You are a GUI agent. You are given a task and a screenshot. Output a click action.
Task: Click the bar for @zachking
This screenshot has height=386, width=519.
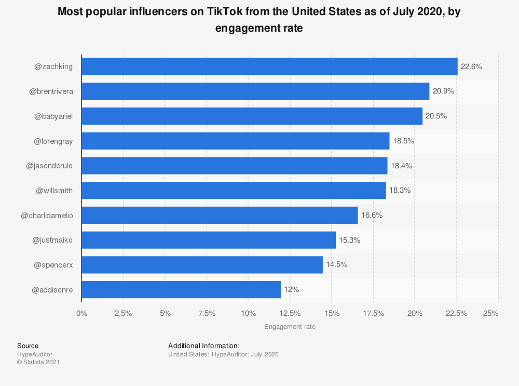[x=269, y=66]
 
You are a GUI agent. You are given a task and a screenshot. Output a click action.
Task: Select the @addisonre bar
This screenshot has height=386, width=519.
[x=181, y=290]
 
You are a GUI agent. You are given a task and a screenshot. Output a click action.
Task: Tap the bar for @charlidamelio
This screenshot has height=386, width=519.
[x=220, y=215]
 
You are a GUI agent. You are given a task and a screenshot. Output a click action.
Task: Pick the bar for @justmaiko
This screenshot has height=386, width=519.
[x=209, y=240]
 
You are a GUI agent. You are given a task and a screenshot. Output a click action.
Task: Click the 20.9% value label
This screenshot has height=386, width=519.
[x=444, y=91]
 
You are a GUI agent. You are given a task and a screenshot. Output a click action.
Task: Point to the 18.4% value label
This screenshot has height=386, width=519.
[x=402, y=166]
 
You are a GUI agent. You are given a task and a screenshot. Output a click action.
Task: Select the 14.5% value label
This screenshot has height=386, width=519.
[x=337, y=265]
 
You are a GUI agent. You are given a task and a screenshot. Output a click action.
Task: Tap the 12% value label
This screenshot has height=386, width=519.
[x=292, y=290]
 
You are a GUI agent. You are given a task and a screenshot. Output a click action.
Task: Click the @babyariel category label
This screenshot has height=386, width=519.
[x=53, y=116]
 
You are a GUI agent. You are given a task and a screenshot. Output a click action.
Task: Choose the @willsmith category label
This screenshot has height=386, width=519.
[x=54, y=191]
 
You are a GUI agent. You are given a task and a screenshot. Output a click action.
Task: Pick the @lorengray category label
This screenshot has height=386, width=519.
[x=53, y=141]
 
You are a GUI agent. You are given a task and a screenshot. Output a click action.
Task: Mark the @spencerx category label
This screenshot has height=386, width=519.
[x=53, y=265]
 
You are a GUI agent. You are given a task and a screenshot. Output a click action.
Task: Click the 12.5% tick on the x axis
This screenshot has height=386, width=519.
[x=290, y=313]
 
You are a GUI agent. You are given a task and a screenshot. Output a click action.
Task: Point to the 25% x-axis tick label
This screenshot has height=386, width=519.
[x=490, y=313]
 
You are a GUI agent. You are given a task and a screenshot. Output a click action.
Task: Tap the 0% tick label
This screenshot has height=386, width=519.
[x=81, y=313]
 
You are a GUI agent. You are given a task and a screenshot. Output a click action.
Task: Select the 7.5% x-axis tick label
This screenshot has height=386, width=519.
[x=207, y=313]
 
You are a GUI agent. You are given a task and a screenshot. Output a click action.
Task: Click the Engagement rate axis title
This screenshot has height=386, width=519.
[x=290, y=327]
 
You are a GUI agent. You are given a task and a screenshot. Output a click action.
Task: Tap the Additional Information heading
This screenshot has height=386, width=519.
[x=204, y=345]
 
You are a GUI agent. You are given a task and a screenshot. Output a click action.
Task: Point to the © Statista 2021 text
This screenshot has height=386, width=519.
[x=38, y=362]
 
